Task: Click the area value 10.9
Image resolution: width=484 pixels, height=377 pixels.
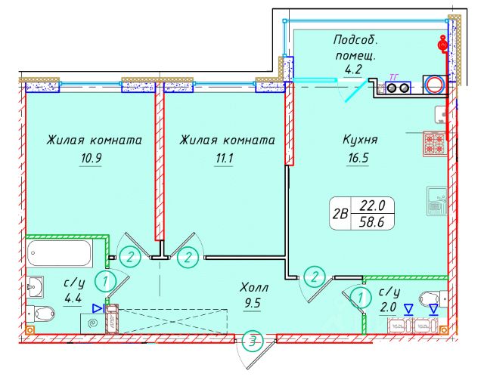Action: (x=95, y=159)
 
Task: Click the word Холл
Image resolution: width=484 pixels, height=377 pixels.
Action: (x=253, y=288)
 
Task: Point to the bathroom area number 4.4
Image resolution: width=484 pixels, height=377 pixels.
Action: (x=74, y=298)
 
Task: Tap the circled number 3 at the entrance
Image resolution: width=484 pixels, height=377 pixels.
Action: (x=254, y=341)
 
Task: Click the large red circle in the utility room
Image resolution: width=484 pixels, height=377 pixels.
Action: (x=435, y=85)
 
